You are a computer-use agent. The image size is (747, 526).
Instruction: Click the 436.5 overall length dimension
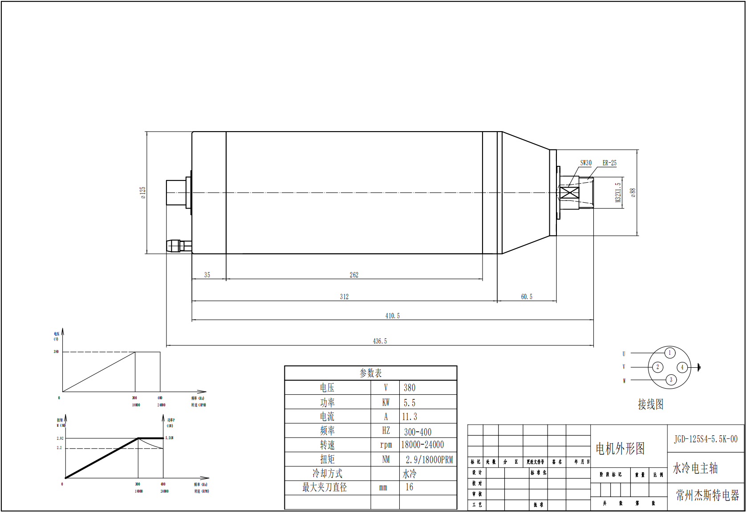[380, 341]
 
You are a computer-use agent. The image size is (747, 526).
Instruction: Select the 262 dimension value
[354, 275]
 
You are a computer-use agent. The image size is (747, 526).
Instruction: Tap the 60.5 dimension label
[527, 297]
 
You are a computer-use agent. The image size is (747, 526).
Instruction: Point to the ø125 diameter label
[143, 193]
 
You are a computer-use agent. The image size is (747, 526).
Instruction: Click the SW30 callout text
[586, 163]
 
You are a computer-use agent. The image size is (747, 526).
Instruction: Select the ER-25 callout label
[609, 163]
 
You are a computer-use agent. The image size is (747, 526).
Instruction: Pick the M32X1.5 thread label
[618, 193]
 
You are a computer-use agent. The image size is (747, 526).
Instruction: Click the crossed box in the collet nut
[569, 193]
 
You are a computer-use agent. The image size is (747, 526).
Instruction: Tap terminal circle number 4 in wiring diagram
[682, 367]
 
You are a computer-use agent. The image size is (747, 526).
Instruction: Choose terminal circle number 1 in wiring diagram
[670, 353]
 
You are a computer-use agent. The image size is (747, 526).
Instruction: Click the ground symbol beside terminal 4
[698, 367]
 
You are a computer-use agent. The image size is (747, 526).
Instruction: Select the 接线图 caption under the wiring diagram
[650, 404]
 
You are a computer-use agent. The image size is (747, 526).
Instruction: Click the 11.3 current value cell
[410, 417]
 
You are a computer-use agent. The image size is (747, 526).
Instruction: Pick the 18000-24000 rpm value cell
[422, 445]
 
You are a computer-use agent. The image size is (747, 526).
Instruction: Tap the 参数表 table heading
[370, 373]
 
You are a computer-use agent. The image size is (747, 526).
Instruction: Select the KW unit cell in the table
[386, 402]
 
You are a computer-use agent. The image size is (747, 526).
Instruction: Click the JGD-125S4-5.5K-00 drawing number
[706, 439]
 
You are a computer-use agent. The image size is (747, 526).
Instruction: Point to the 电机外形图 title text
[620, 449]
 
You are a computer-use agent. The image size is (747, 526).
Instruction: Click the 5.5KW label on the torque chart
[169, 438]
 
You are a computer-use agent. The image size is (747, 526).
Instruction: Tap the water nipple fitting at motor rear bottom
[175, 246]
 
